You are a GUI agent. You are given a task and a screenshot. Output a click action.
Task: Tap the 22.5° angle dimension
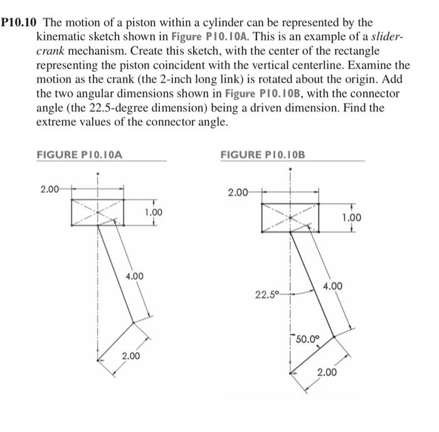(267, 293)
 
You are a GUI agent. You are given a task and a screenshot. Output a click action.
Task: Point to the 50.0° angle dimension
(307, 341)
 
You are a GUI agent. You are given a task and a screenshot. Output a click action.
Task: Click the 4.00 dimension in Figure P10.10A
(135, 276)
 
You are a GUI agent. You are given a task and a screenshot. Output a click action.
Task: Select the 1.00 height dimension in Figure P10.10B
(352, 217)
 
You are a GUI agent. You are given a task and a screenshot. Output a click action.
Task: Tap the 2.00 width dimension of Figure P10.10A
(50, 187)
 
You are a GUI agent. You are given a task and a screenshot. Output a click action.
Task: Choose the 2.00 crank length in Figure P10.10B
(326, 373)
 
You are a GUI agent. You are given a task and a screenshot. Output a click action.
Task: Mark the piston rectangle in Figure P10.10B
(290, 217)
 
